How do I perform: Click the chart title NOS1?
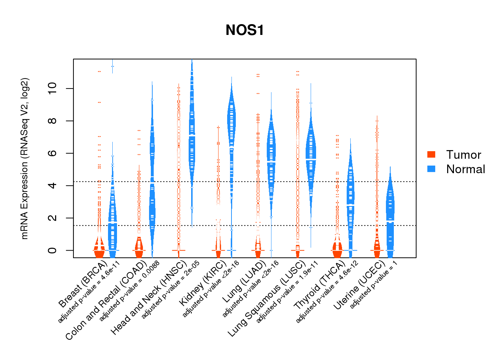245,30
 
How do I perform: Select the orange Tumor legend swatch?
431,154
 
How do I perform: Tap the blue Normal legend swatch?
431,169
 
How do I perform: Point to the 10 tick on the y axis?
53,89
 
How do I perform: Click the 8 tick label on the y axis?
53,121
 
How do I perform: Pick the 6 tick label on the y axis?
53,153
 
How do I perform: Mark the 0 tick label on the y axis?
53,250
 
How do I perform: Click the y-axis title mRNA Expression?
24,158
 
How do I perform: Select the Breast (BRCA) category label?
83,284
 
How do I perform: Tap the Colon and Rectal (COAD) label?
106,301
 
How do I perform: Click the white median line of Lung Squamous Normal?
311,159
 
